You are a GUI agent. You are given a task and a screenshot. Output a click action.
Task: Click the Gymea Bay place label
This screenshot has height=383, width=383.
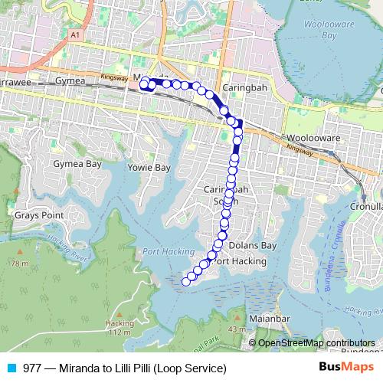(x=77, y=164)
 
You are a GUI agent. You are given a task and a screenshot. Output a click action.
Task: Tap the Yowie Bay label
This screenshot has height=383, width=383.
(x=149, y=167)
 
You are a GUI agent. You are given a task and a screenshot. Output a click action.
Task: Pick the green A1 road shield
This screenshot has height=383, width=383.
(x=74, y=34)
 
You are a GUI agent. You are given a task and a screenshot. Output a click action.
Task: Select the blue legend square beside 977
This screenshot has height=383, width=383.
(x=11, y=368)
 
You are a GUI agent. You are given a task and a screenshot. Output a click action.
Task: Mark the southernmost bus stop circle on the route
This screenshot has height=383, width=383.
(x=185, y=282)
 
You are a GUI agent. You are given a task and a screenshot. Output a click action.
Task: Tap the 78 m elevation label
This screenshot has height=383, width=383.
(x=20, y=264)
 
